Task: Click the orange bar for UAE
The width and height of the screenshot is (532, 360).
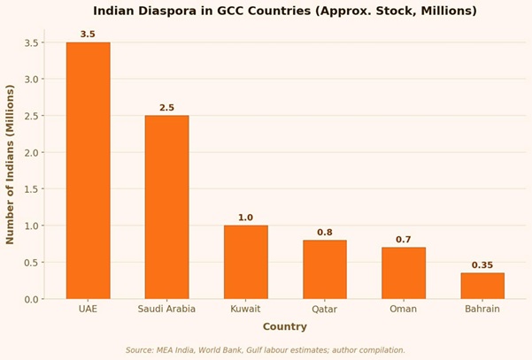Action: (88, 171)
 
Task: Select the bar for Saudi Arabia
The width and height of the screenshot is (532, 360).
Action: (166, 207)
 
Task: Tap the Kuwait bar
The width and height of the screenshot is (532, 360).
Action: (245, 262)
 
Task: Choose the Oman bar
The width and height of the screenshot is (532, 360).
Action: (404, 273)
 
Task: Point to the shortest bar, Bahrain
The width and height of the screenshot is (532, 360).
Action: (482, 286)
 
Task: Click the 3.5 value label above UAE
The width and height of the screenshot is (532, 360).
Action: (88, 34)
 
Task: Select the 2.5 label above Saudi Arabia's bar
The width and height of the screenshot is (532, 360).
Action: (166, 108)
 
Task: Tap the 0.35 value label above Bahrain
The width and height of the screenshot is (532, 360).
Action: (482, 265)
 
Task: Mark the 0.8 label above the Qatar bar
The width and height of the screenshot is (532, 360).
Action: (325, 233)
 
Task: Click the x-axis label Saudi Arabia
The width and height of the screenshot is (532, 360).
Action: (166, 310)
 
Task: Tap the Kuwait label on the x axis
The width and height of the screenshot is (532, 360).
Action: (245, 310)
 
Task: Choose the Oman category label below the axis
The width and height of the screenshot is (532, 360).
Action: (404, 310)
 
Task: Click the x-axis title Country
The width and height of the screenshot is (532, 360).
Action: (284, 326)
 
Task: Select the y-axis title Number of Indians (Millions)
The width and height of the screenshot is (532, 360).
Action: (11, 165)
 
